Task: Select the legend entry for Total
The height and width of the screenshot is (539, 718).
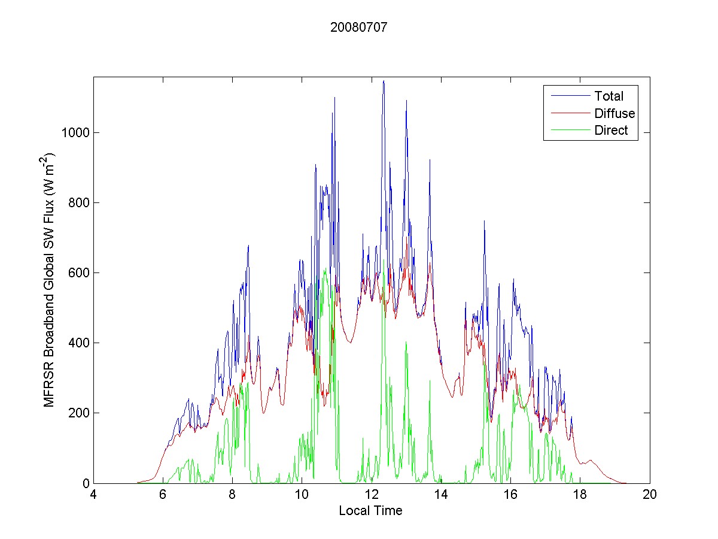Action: pos(609,96)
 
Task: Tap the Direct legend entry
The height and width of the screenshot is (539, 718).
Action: pos(611,131)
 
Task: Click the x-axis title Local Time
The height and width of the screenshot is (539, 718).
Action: pos(370,511)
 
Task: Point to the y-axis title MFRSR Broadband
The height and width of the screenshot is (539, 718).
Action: pos(51,280)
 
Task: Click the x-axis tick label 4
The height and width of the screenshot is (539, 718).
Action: pos(93,495)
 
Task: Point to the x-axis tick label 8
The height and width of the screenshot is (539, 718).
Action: pos(232,495)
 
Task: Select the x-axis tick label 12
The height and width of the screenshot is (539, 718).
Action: pos(372,495)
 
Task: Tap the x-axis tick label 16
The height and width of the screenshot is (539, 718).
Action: pos(510,495)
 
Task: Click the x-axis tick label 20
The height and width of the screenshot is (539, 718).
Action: pos(650,495)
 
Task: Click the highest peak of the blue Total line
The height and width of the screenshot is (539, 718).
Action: pos(384,81)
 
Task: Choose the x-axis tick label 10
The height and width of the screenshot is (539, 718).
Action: pos(302,495)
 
